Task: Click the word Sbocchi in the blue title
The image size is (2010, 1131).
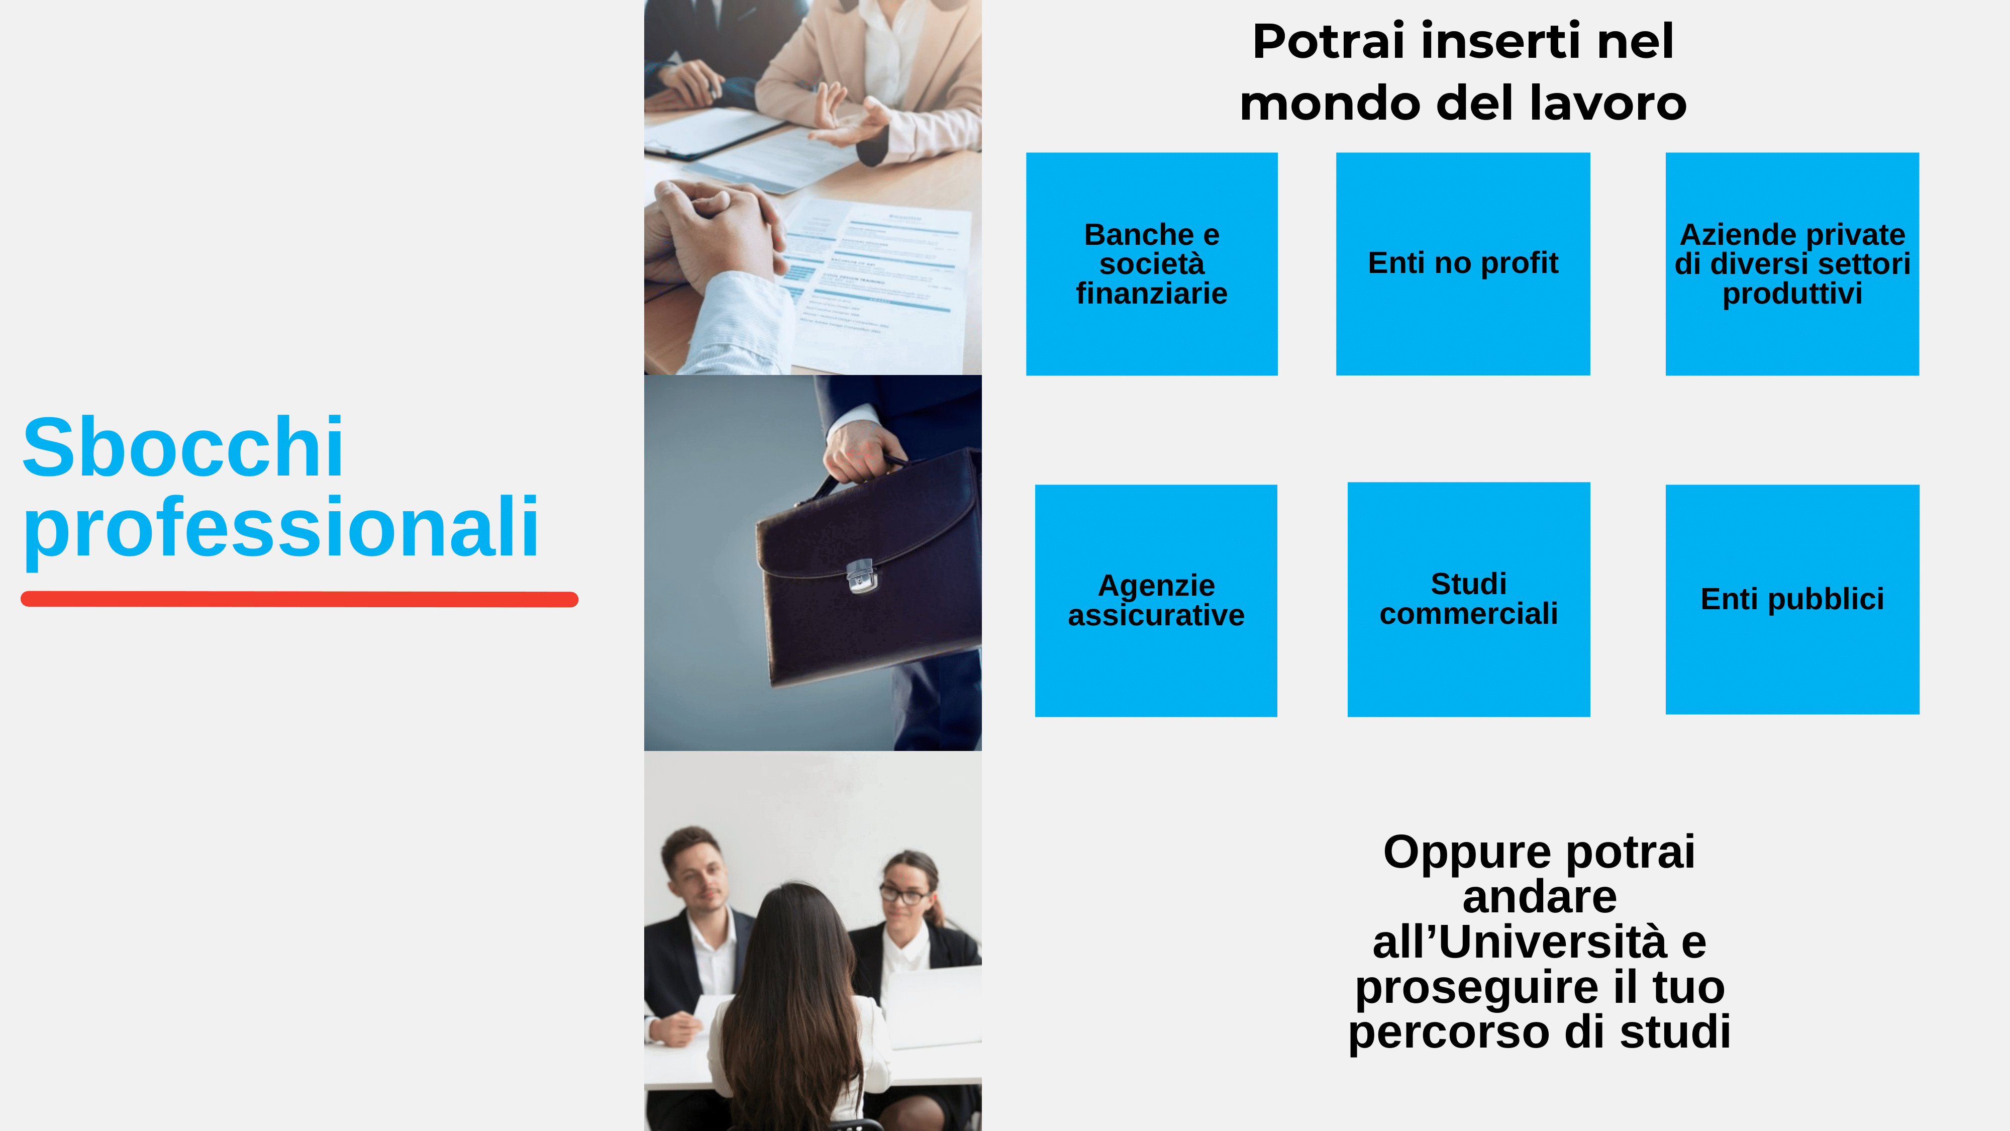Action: (x=183, y=447)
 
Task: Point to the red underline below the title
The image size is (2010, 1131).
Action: (x=299, y=599)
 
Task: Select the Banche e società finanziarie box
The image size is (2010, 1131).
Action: (x=1152, y=264)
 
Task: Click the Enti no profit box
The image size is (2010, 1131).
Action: (x=1463, y=264)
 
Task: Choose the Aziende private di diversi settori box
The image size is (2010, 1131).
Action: (x=1792, y=264)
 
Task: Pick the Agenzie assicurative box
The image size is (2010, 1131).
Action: (x=1156, y=600)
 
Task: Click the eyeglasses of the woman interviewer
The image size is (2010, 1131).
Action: (x=903, y=894)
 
